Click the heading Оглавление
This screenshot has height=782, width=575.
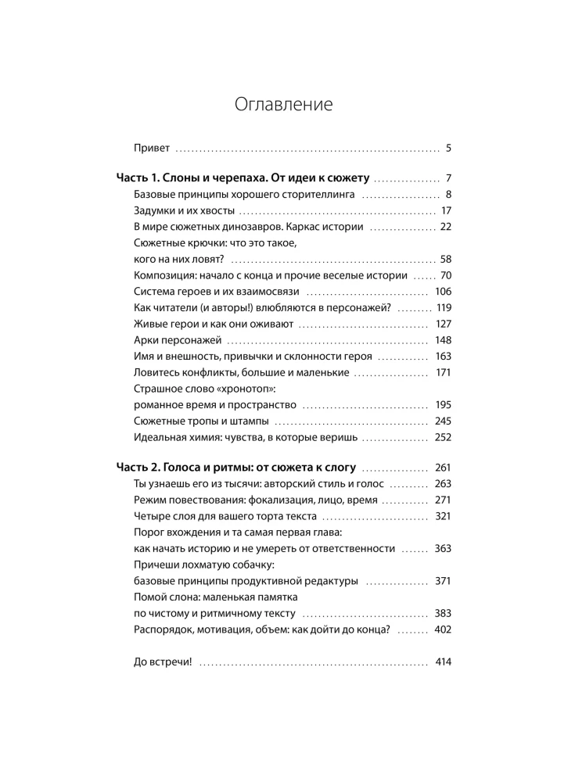click(x=284, y=106)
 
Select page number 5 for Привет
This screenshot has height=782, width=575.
click(x=448, y=147)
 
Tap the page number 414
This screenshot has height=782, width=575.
click(x=444, y=662)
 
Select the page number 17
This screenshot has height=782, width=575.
click(x=447, y=210)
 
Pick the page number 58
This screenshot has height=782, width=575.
click(x=446, y=260)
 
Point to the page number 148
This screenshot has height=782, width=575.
click(x=444, y=340)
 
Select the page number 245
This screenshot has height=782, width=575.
click(x=444, y=421)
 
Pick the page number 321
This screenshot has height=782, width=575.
click(x=444, y=516)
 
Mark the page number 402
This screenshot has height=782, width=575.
click(x=444, y=630)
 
